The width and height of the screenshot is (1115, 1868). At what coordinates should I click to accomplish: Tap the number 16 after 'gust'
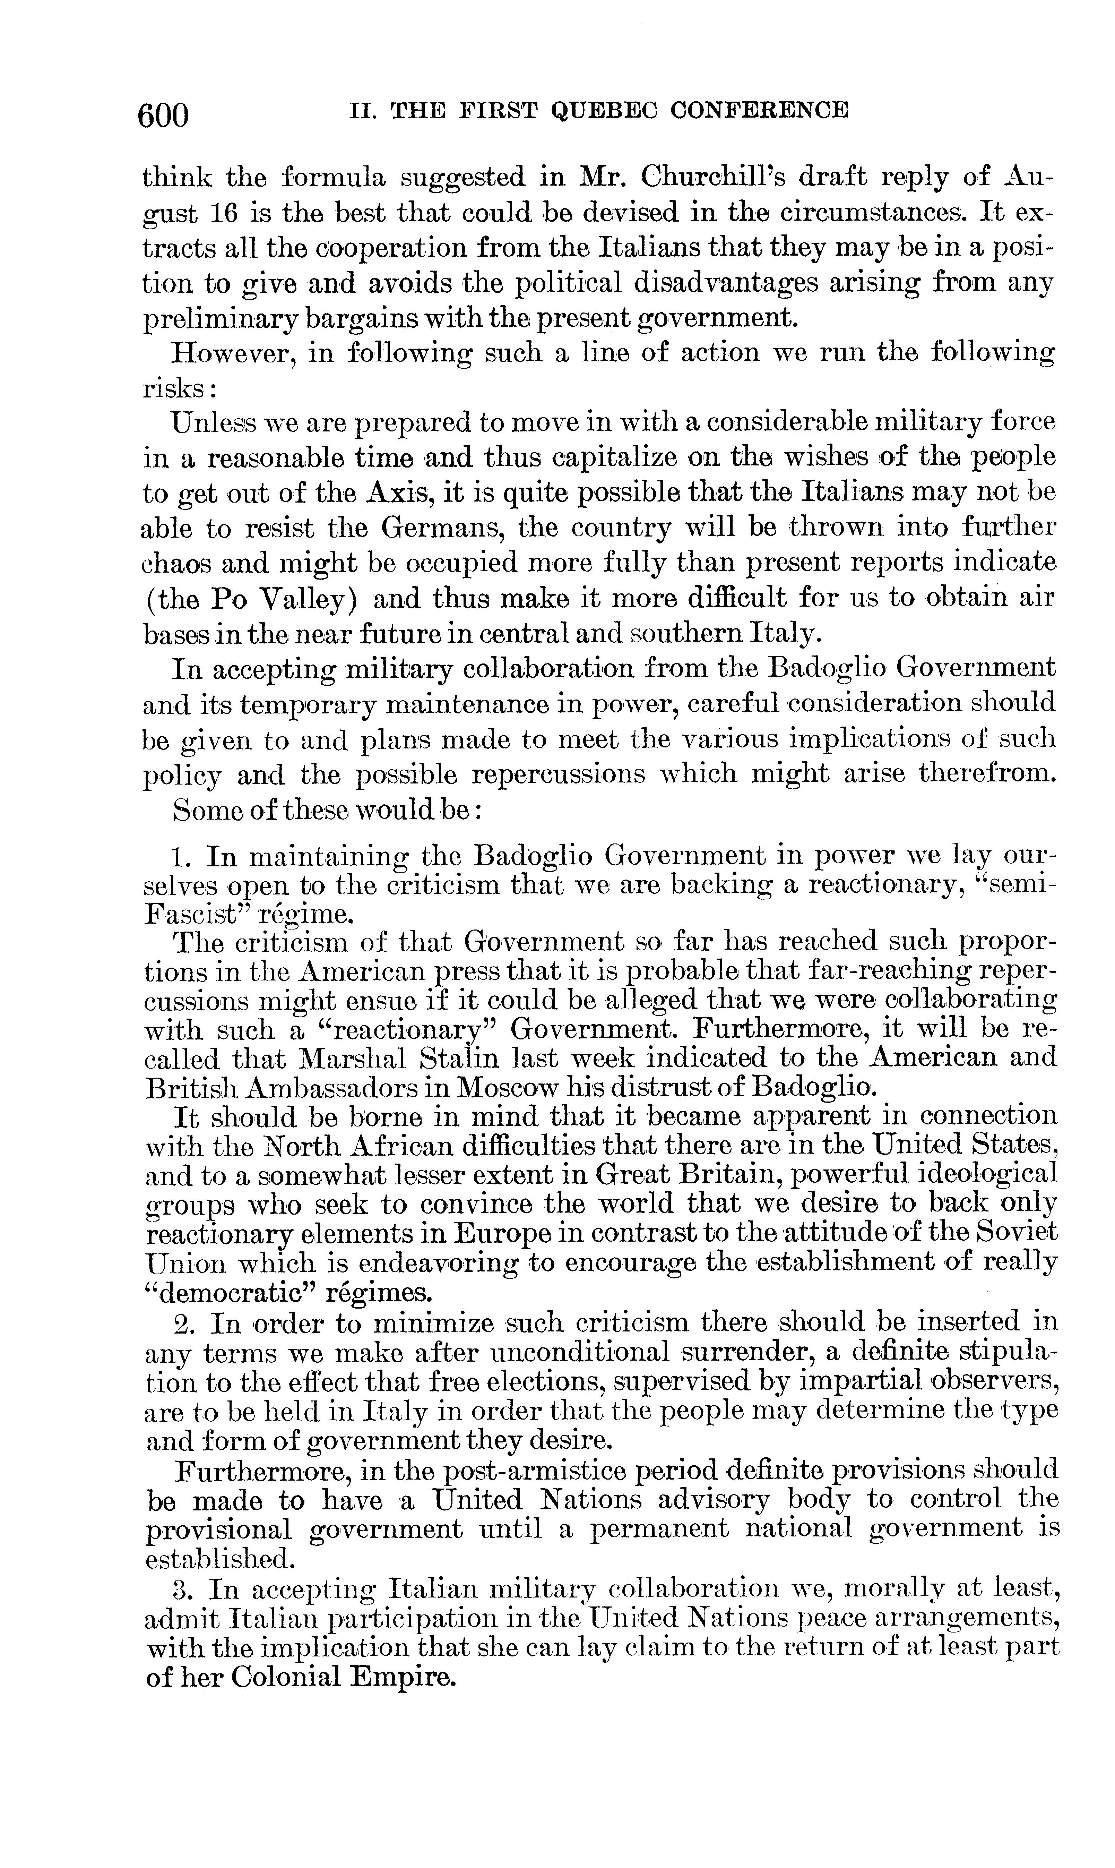point(225,213)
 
